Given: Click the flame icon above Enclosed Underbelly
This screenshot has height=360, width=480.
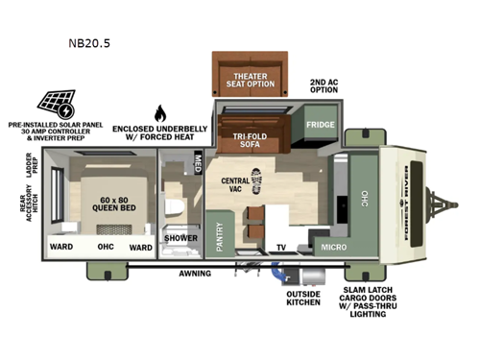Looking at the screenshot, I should click(160, 111).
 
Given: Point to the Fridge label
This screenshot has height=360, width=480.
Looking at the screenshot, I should click(319, 125).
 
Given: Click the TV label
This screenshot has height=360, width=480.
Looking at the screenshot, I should click(282, 247).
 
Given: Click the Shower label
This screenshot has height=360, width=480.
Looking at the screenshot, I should click(180, 238).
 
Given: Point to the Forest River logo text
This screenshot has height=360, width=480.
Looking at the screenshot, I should click(401, 201).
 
